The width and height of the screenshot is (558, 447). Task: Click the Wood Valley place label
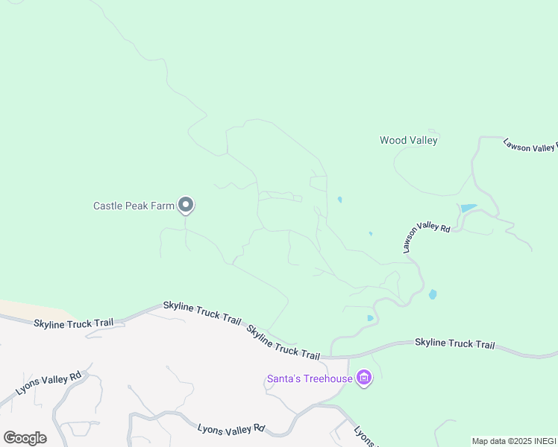[408, 140]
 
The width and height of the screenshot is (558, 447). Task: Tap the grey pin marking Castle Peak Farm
[186, 205]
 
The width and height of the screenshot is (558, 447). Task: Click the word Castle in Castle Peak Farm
[108, 206]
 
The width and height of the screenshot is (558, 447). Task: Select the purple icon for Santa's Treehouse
[364, 379]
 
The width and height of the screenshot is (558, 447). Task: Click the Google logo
[25, 438]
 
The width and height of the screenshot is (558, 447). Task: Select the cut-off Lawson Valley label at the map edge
[530, 145]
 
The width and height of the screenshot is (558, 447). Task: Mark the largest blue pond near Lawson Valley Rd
[468, 209]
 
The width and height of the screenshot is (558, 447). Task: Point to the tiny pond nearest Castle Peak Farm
[339, 200]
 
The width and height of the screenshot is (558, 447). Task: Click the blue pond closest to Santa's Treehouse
[370, 318]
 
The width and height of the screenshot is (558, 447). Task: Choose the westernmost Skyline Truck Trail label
[73, 323]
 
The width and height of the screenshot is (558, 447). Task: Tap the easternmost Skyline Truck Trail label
[454, 343]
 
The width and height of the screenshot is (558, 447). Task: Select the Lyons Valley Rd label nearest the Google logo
[48, 386]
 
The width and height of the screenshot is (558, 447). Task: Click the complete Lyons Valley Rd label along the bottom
[231, 429]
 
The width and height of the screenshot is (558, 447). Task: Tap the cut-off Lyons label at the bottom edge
[363, 437]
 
